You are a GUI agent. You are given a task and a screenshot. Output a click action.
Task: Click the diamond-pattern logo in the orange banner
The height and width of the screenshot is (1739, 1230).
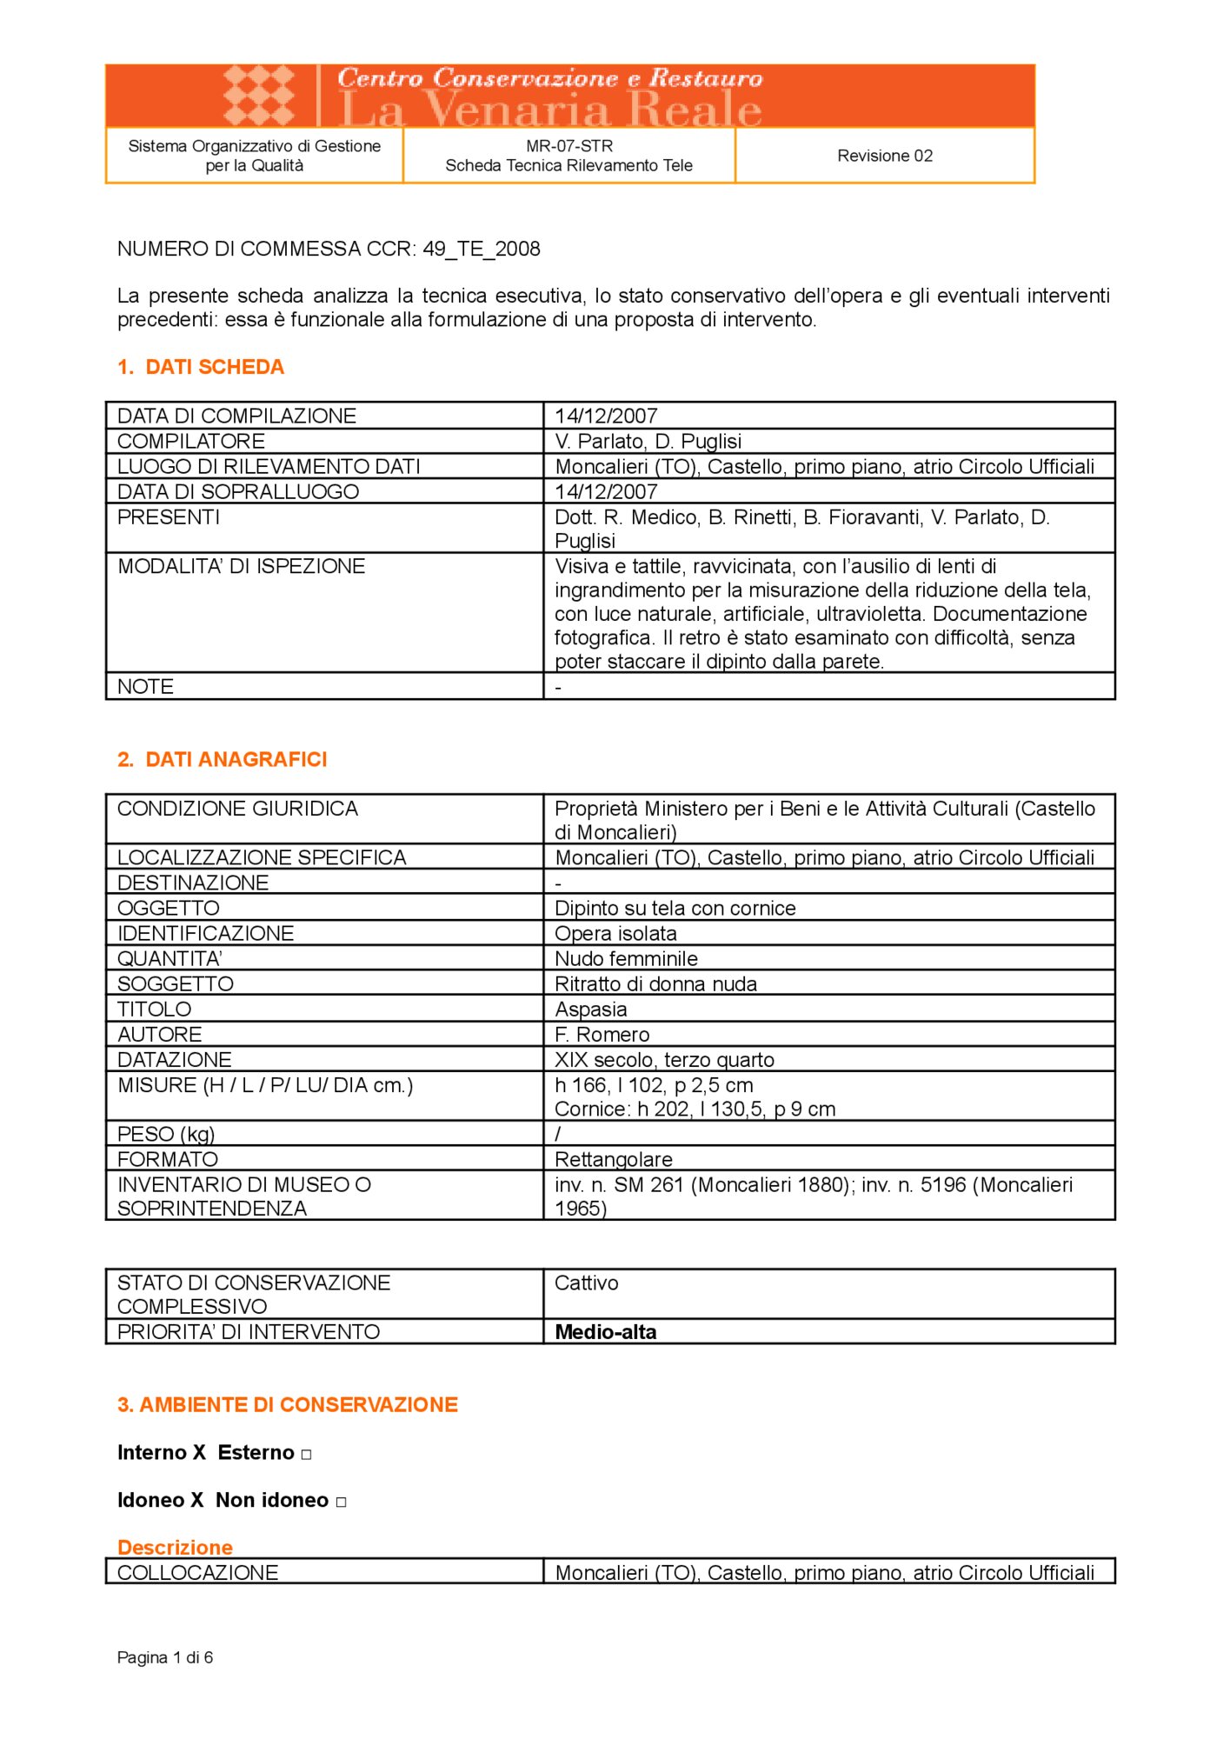pyautogui.click(x=258, y=95)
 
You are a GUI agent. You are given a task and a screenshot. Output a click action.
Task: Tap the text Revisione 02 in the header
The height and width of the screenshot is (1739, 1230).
pyautogui.click(x=884, y=156)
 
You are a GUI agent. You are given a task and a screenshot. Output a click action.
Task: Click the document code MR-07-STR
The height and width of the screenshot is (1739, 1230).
pyautogui.click(x=568, y=146)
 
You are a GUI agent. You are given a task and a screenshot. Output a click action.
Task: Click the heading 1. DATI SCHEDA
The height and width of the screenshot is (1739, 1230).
pyautogui.click(x=201, y=367)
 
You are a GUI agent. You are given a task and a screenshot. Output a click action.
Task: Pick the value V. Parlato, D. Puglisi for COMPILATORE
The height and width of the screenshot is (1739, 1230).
pyautogui.click(x=648, y=441)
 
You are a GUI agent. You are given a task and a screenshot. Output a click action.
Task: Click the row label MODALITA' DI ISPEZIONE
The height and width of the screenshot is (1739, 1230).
pyautogui.click(x=241, y=566)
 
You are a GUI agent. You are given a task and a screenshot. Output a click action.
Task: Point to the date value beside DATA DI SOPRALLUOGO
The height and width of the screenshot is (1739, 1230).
pyautogui.click(x=606, y=491)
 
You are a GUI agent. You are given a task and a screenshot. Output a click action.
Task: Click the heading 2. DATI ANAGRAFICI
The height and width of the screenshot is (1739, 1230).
pyautogui.click(x=223, y=759)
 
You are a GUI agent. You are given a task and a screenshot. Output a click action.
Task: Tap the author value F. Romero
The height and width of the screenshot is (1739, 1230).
pyautogui.click(x=602, y=1035)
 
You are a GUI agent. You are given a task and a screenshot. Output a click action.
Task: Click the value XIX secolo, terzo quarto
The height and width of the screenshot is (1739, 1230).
pyautogui.click(x=664, y=1060)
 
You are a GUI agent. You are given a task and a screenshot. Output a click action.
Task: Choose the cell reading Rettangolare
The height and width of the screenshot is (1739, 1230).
pyautogui.click(x=613, y=1159)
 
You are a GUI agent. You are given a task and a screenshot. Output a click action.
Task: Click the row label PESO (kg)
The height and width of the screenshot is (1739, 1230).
pyautogui.click(x=166, y=1134)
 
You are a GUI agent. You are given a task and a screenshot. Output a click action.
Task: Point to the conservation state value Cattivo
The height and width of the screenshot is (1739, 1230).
pyautogui.click(x=586, y=1283)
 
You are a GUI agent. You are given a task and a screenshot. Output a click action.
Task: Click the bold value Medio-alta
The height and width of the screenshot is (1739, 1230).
pyautogui.click(x=605, y=1332)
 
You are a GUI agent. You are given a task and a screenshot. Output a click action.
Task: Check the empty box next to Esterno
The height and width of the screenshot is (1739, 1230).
pyautogui.click(x=306, y=1455)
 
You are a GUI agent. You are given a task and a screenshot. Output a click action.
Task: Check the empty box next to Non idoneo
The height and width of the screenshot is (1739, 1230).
pyautogui.click(x=341, y=1502)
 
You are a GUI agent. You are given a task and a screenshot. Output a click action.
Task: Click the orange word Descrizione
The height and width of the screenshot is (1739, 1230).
pyautogui.click(x=175, y=1548)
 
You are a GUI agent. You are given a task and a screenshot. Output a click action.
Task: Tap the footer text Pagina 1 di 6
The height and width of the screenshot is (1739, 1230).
pyautogui.click(x=165, y=1657)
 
